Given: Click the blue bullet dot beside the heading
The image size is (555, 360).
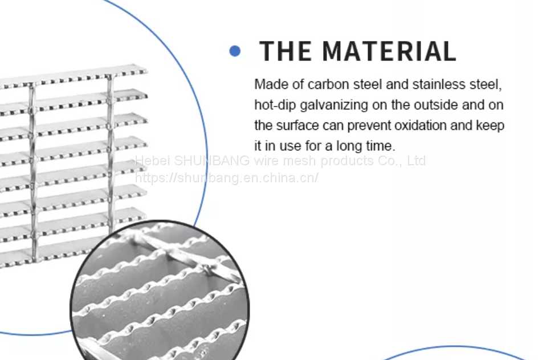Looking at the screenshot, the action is tap(235, 51).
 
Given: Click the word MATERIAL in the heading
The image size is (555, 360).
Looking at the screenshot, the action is tap(389, 51).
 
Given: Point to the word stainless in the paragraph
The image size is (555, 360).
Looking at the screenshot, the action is tap(435, 85).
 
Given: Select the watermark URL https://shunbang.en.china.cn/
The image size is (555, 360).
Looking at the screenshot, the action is tap(226, 178).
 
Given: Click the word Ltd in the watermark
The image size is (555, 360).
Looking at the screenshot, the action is tap(416, 161).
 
